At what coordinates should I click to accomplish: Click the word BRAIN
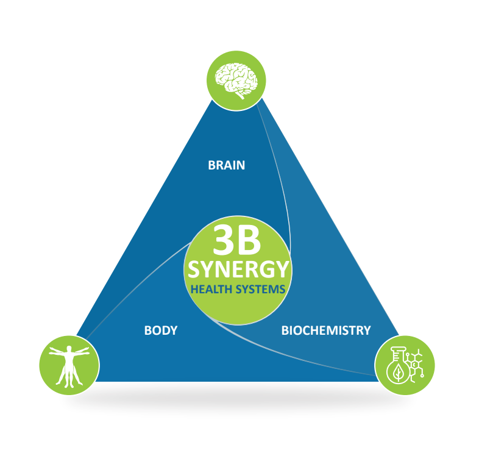[226, 165]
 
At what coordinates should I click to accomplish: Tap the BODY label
[161, 330]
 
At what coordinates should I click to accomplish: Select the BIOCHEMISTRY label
[325, 330]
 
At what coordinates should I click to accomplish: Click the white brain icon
[236, 80]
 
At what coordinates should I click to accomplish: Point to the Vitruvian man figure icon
[69, 366]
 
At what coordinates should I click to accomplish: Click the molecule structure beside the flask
[415, 365]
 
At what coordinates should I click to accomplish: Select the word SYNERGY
[238, 270]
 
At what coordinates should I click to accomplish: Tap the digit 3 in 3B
[224, 240]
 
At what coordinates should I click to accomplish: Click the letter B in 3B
[249, 240]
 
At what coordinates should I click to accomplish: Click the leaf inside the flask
[398, 372]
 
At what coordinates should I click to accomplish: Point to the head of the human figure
[69, 349]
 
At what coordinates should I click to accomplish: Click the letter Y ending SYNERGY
[281, 270]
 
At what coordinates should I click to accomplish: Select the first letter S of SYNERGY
[194, 270]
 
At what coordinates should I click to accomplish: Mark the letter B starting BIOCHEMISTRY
[285, 330]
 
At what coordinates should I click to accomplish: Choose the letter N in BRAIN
[241, 165]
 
